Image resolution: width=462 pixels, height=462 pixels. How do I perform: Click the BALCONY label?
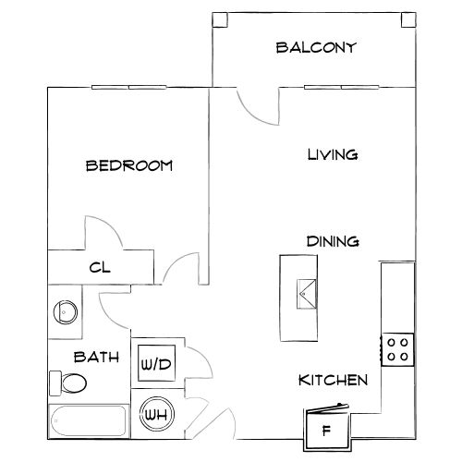pyautogui.click(x=316, y=48)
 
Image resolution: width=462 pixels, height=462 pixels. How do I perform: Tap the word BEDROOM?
pyautogui.click(x=129, y=165)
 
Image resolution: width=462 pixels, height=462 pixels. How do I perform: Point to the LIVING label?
pyautogui.click(x=333, y=154)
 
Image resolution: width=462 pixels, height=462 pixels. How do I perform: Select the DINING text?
pyautogui.click(x=333, y=241)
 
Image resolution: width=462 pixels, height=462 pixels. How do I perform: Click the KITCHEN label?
pyautogui.click(x=334, y=380)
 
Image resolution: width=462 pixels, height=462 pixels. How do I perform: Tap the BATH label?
pyautogui.click(x=96, y=357)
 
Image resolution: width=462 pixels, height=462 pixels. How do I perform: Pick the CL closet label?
pyautogui.click(x=100, y=267)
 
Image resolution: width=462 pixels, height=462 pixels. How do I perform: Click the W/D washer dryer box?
pyautogui.click(x=156, y=363)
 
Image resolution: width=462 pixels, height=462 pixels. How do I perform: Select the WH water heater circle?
pyautogui.click(x=157, y=414)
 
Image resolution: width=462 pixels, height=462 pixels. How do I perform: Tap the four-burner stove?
pyautogui.click(x=397, y=349)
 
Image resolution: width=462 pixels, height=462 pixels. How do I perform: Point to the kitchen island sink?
pyautogui.click(x=307, y=294)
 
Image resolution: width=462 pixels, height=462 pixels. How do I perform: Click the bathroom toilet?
pyautogui.click(x=68, y=383)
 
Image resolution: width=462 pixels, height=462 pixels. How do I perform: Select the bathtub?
pyautogui.click(x=89, y=420)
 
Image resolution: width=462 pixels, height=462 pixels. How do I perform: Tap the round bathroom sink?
pyautogui.click(x=66, y=312)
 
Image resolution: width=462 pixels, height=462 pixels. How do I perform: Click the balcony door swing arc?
pyautogui.click(x=252, y=115)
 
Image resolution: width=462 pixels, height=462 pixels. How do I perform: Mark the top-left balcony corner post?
pyautogui.click(x=220, y=20)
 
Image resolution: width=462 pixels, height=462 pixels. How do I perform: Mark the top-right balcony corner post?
pyautogui.click(x=409, y=20)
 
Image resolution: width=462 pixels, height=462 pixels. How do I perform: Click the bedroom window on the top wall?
pyautogui.click(x=129, y=88)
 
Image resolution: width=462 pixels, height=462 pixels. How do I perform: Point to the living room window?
pyautogui.click(x=342, y=88)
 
